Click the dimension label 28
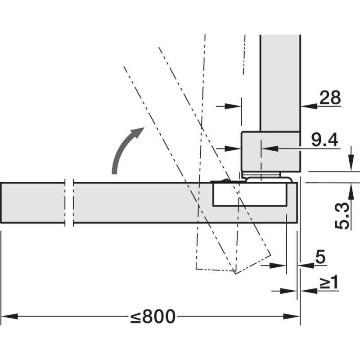[330, 97]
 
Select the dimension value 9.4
[324, 139]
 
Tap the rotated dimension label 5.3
[342, 216]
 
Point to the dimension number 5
[320, 256]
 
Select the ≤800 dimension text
[153, 316]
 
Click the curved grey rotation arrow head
[137, 132]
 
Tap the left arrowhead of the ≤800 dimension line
[9, 316]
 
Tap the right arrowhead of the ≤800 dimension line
[292, 316]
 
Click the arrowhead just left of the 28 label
[309, 106]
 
